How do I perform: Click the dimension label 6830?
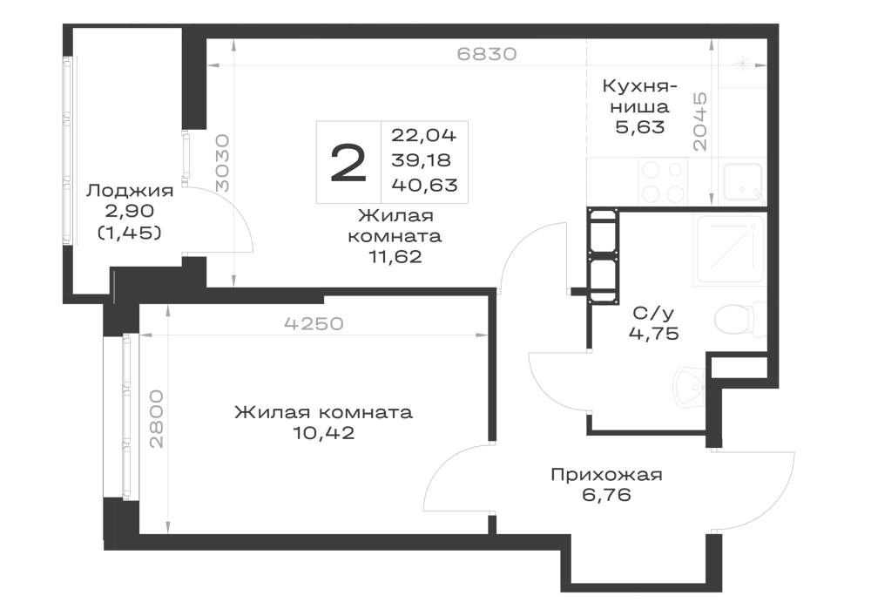pyautogui.click(x=487, y=54)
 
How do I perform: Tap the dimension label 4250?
pyautogui.click(x=314, y=323)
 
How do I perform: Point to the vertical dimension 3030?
pyautogui.click(x=221, y=163)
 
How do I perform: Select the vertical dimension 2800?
pyautogui.click(x=157, y=419)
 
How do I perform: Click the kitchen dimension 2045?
pyautogui.click(x=700, y=122)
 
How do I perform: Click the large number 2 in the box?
pyautogui.click(x=348, y=162)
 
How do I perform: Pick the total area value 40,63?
pyautogui.click(x=424, y=185)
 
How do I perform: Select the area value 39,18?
pyautogui.click(x=421, y=160)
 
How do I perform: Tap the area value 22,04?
pyautogui.click(x=424, y=135)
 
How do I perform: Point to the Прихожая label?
pyautogui.click(x=606, y=475)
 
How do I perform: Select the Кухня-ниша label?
pyautogui.click(x=639, y=97)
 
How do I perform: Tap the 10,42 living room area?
pyautogui.click(x=324, y=433)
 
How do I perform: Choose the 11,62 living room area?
pyautogui.click(x=395, y=257)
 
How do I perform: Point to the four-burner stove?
pyautogui.click(x=662, y=180)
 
